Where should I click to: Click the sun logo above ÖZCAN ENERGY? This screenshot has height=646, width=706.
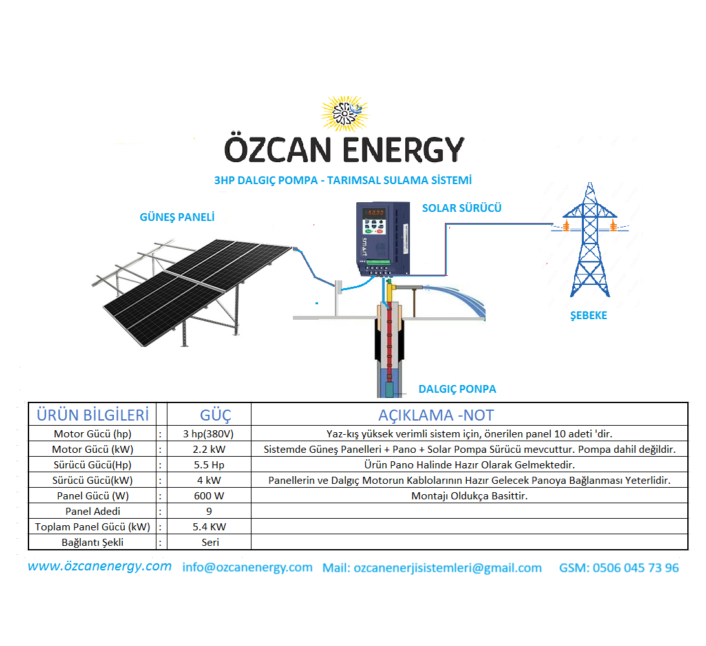point(345,113)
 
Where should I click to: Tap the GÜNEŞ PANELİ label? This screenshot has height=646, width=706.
point(177,217)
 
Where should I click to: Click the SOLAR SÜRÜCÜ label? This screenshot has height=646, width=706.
point(462,208)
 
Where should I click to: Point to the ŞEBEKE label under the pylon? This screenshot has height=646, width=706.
point(588,315)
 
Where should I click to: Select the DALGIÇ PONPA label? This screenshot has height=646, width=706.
point(457,389)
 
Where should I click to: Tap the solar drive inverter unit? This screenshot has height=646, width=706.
point(383,238)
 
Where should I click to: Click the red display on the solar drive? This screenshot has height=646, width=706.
point(374,213)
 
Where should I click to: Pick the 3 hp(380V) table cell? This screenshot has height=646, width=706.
point(208,433)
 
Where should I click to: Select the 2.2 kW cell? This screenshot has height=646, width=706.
point(209,449)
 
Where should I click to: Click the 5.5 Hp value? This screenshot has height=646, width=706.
point(209,464)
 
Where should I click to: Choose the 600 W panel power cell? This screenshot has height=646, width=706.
point(209,495)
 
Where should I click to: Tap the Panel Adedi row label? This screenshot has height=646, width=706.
point(92,511)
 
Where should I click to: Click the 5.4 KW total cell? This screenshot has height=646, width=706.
point(209,526)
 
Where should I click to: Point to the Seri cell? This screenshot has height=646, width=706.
point(210,542)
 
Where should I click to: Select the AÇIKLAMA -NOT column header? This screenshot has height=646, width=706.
point(436,415)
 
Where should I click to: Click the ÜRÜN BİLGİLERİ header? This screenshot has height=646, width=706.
point(92,415)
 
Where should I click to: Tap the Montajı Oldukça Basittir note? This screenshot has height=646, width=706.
point(469,495)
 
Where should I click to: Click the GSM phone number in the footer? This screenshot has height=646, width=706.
point(619,568)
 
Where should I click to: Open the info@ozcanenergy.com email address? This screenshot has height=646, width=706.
point(247,567)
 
